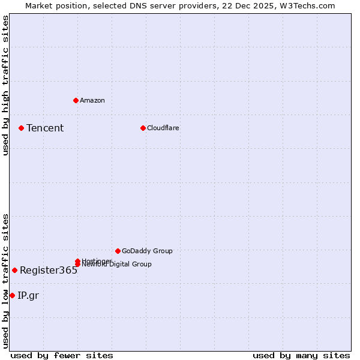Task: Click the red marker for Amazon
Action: point(76,100)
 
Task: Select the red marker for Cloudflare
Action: point(143,128)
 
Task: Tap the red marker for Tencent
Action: point(21,128)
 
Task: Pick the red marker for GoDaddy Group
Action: point(118,251)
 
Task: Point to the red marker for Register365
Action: point(14,270)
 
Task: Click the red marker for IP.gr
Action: point(12,295)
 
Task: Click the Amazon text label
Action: point(92,100)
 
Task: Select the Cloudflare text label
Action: point(163,128)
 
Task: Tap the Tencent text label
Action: point(45,128)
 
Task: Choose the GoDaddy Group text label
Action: point(147,251)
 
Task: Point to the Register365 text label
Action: point(49,270)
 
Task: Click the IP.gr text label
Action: point(28,295)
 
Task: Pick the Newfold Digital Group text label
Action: point(117,265)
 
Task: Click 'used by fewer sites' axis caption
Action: point(62,355)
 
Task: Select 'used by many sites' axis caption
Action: point(301,355)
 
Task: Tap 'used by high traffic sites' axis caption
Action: point(5,85)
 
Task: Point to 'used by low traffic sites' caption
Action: point(5,280)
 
